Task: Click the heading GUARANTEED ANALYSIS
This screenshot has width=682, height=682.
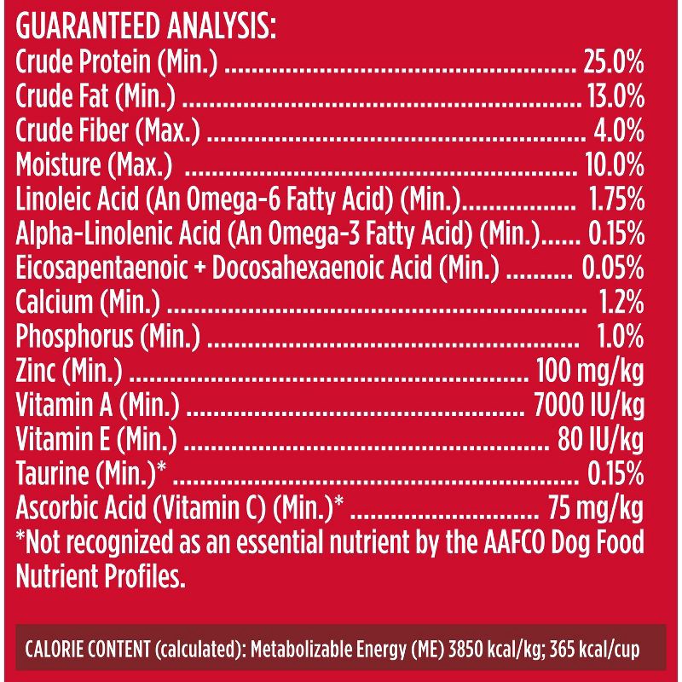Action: pos(146,26)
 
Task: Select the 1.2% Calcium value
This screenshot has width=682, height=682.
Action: pos(620,302)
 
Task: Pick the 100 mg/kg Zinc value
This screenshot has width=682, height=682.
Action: pos(588,371)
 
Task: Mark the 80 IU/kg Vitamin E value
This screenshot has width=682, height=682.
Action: pos(600,439)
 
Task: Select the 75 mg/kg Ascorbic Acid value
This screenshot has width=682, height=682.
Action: pos(595,508)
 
